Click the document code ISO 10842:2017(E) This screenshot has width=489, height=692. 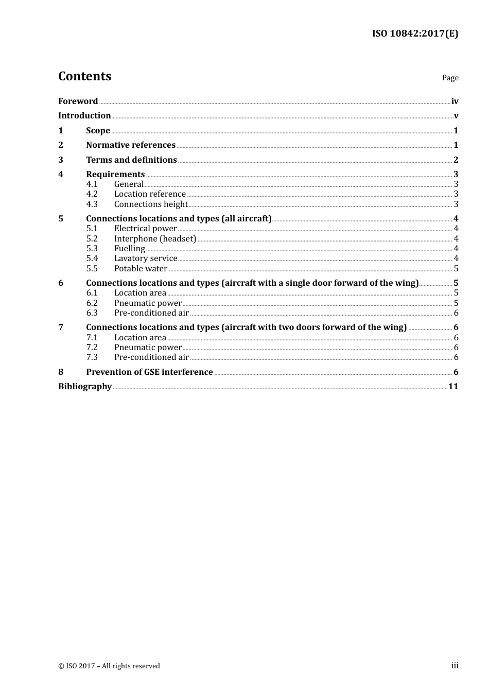415,33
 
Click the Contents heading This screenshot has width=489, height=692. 84,76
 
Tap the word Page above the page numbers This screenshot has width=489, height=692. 450,78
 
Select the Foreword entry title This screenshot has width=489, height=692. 78,101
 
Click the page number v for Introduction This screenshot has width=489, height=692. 456,116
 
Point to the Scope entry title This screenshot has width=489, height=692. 98,131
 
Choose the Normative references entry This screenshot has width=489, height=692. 131,145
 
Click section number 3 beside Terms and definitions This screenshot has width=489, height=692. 61,160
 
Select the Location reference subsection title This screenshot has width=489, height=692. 150,194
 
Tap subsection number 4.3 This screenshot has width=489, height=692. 92,204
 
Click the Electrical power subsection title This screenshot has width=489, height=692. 145,229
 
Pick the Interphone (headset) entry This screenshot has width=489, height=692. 155,239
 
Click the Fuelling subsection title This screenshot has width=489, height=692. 129,249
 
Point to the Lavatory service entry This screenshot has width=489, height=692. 146,258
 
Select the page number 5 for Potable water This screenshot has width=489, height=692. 456,269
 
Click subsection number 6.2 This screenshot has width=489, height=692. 92,303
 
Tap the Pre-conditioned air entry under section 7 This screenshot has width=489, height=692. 151,357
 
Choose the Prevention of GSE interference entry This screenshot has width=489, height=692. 149,372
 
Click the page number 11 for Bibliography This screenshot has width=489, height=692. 453,387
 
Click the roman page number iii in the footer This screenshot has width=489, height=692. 455,666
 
